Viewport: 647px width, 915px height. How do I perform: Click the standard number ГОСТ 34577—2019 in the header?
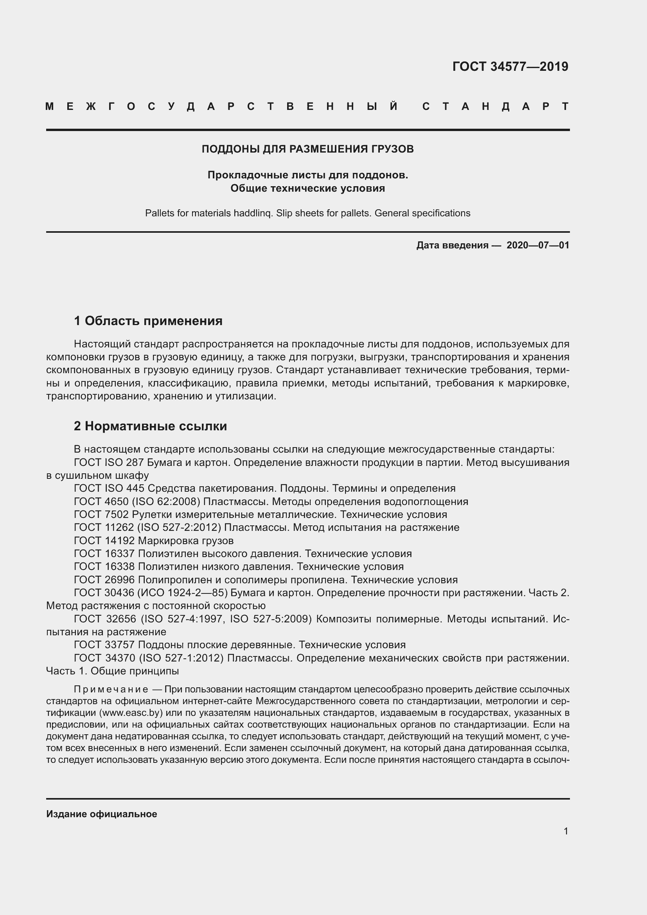click(510, 66)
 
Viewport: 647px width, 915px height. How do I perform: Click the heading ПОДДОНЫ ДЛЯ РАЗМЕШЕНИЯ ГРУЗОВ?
click(307, 149)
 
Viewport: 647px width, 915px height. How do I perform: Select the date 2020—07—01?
click(538, 245)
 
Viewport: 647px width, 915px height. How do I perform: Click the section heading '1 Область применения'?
click(148, 321)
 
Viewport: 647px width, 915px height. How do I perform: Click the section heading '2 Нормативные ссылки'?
click(150, 426)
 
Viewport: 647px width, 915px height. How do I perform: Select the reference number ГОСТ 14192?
click(104, 541)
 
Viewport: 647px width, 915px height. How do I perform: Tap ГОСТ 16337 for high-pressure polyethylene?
click(104, 554)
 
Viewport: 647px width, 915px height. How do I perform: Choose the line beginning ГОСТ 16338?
click(104, 567)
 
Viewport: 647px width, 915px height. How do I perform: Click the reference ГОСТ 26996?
click(104, 580)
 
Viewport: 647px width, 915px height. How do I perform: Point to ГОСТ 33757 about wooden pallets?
click(104, 645)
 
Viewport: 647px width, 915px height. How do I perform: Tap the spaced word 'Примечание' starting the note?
click(111, 689)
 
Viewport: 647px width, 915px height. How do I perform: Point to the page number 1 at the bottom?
click(566, 831)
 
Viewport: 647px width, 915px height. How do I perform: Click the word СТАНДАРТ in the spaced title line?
click(495, 106)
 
